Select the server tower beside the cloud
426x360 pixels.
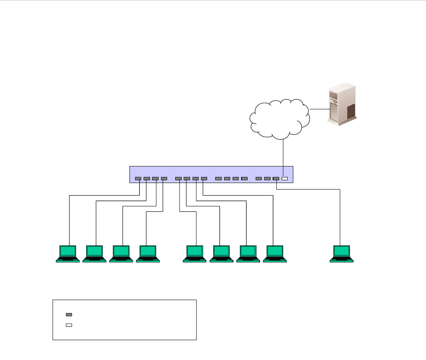point(342,104)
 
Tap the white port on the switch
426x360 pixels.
point(284,179)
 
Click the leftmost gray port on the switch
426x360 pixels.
point(138,179)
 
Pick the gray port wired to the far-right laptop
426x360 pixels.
point(276,179)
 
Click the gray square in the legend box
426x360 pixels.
point(69,315)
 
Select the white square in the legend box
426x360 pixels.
point(69,325)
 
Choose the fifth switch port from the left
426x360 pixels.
point(178,179)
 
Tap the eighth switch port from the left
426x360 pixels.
point(204,179)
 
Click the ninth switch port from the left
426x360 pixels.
point(218,179)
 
